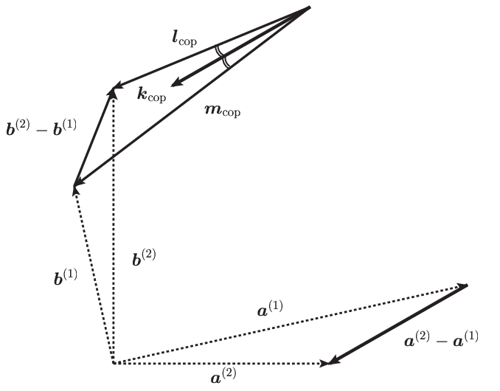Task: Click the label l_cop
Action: coord(184,39)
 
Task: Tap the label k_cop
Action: coord(152,94)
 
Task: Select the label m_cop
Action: coord(222,111)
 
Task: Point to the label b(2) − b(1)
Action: coord(41,128)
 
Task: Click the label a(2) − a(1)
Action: coord(441,339)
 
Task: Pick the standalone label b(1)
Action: coord(66,277)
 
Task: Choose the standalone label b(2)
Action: coord(144,257)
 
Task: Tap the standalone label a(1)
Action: coord(270,308)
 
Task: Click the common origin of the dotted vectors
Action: coord(114,363)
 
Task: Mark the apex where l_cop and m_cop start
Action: coord(310,7)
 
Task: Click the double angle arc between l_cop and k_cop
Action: coord(219,52)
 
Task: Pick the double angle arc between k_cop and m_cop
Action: coord(226,62)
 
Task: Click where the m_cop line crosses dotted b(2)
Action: coord(114,156)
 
